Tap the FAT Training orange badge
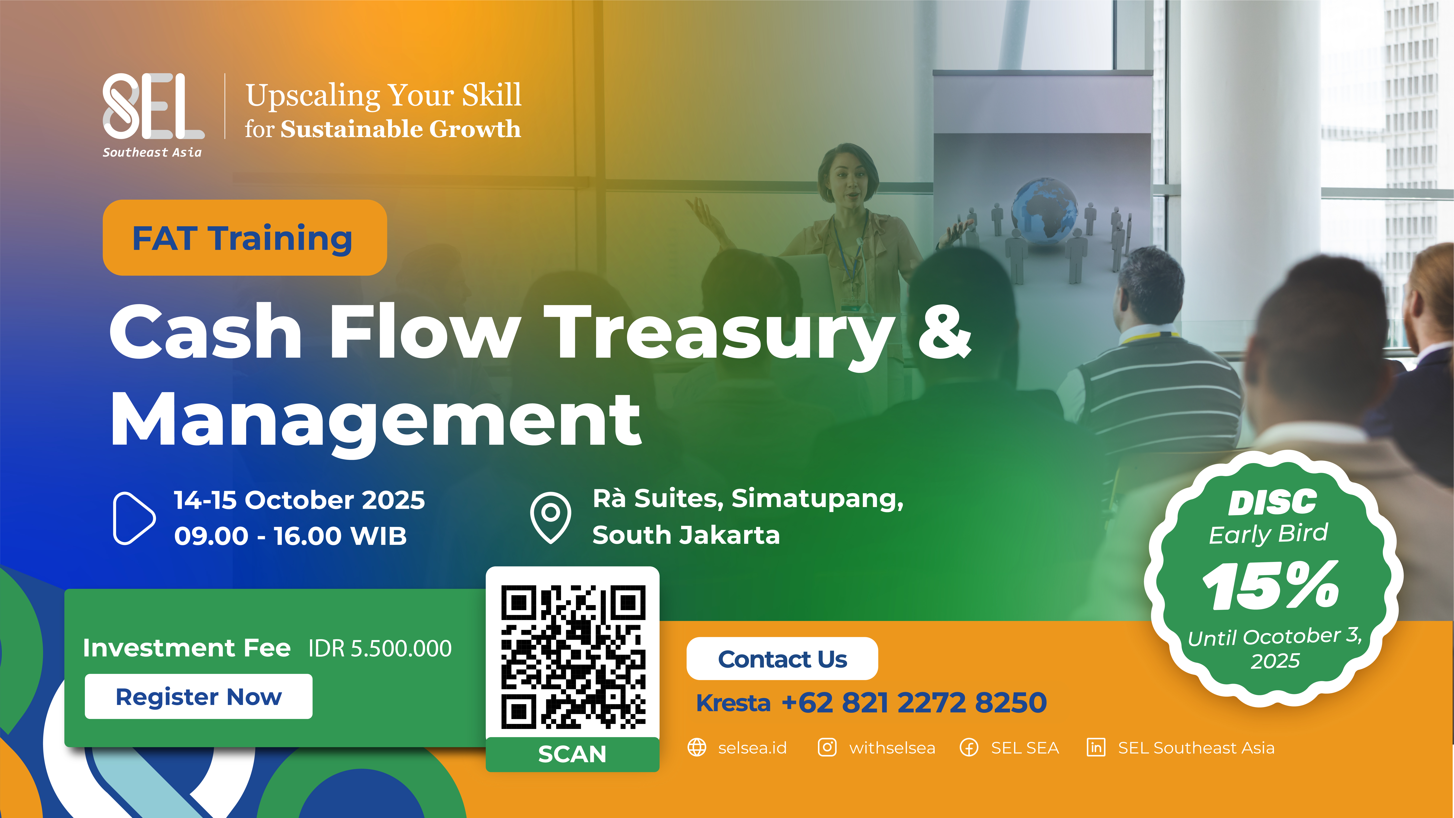[x=244, y=238]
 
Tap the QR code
[x=573, y=657]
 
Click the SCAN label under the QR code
[x=572, y=754]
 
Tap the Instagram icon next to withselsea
[x=827, y=747]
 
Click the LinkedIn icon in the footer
[x=1096, y=747]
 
